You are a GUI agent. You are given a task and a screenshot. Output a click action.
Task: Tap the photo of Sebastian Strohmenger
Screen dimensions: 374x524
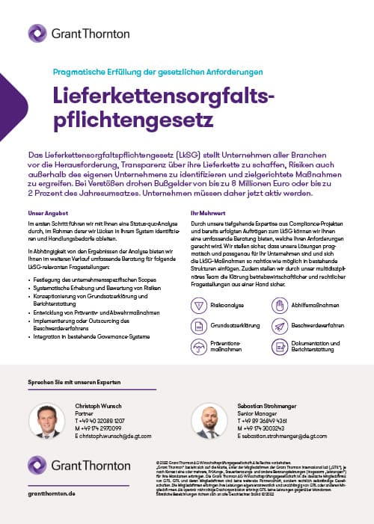tap(212, 422)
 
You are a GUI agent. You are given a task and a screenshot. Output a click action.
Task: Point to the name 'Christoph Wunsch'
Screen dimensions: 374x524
tap(99, 405)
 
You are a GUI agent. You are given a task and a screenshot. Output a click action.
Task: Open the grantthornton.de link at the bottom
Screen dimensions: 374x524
tap(53, 495)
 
